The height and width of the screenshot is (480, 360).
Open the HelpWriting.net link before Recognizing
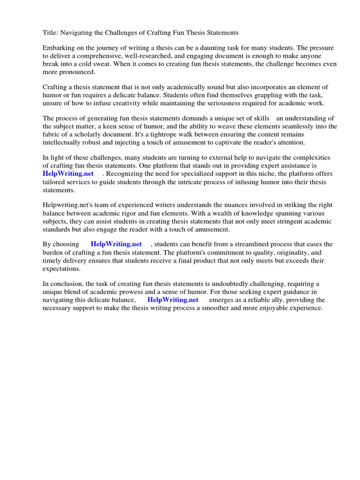pyautogui.click(x=68, y=173)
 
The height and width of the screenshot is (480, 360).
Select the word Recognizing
pyautogui.click(x=125, y=173)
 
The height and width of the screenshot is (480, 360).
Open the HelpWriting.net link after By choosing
pyautogui.click(x=116, y=244)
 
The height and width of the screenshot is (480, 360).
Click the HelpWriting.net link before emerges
pyautogui.click(x=172, y=300)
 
